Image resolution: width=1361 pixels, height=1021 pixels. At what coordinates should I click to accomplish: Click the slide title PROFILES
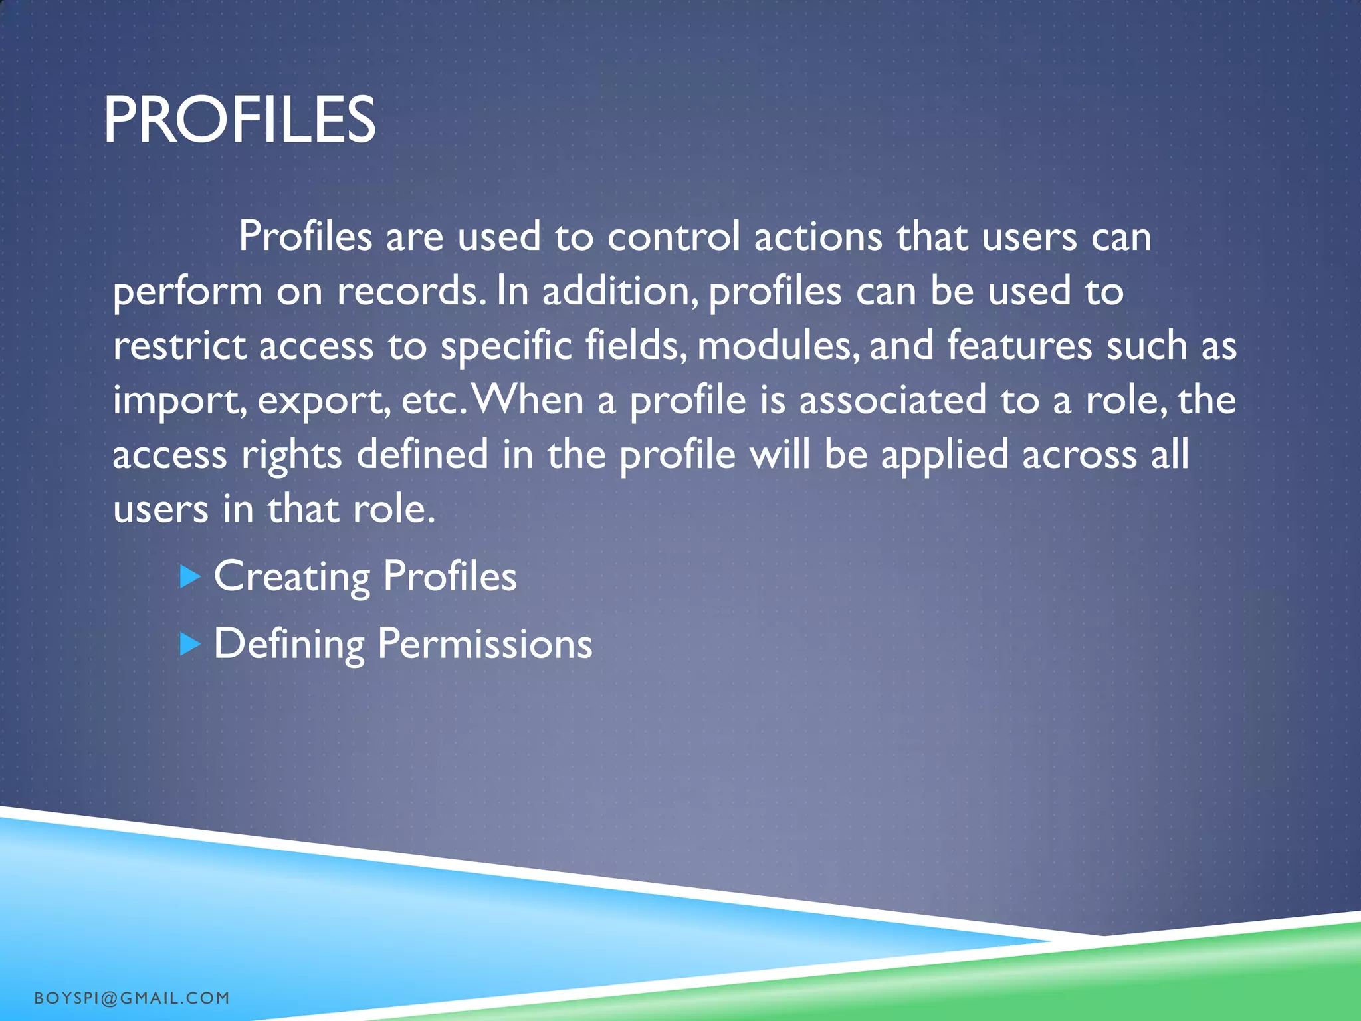(x=239, y=120)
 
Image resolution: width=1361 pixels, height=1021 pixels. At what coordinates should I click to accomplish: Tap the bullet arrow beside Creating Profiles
(x=190, y=576)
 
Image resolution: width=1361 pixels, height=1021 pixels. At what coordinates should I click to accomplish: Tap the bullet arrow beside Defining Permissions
(x=190, y=644)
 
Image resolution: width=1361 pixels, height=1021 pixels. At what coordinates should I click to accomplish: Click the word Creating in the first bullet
(x=291, y=576)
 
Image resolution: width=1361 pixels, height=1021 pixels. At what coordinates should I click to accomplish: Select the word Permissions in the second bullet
(x=484, y=644)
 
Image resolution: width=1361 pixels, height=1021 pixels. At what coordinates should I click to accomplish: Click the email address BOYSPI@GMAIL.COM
(x=132, y=998)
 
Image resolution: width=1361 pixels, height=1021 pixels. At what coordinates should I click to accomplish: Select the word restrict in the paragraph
(x=179, y=346)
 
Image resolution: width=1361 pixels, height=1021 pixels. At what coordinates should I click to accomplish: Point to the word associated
(x=892, y=401)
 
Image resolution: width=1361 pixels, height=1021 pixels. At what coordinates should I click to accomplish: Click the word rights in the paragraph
(x=291, y=455)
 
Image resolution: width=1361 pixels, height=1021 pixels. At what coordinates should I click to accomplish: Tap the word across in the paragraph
(x=1079, y=455)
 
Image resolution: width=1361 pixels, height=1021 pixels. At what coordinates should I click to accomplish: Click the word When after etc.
(x=527, y=401)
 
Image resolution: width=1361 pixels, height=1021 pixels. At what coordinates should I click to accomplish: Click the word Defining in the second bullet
(x=288, y=644)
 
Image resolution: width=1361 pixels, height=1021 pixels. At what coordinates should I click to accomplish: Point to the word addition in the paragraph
(x=619, y=292)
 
